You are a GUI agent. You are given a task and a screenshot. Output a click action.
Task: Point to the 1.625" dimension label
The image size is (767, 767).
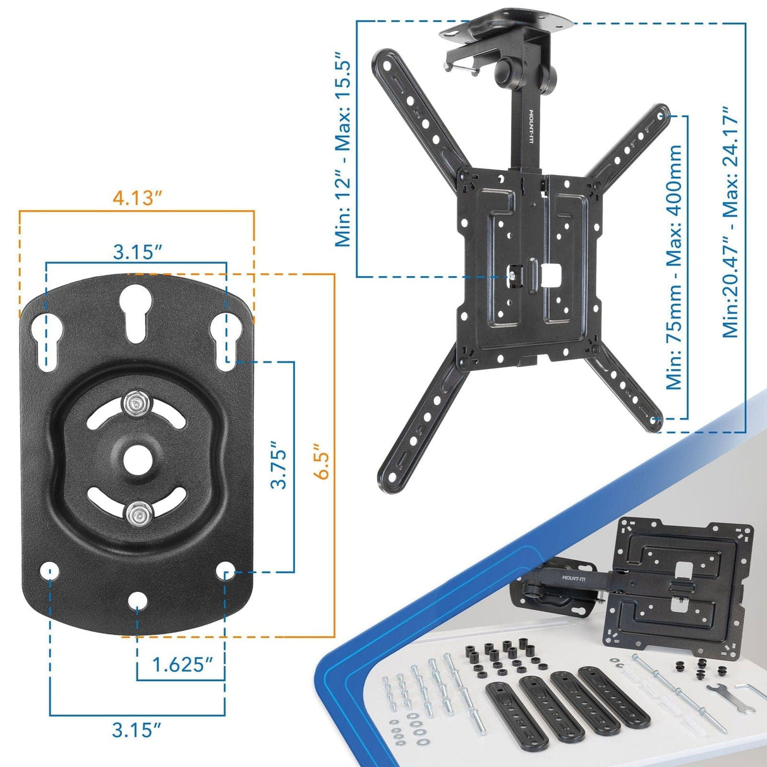181,665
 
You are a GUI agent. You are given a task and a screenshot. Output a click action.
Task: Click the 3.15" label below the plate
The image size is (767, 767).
136,730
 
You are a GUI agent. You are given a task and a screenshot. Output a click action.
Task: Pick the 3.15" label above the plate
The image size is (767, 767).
137,252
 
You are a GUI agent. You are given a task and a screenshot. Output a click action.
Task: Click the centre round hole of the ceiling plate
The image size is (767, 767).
136,459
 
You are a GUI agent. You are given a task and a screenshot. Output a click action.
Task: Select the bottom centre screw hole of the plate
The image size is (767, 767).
136,600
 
